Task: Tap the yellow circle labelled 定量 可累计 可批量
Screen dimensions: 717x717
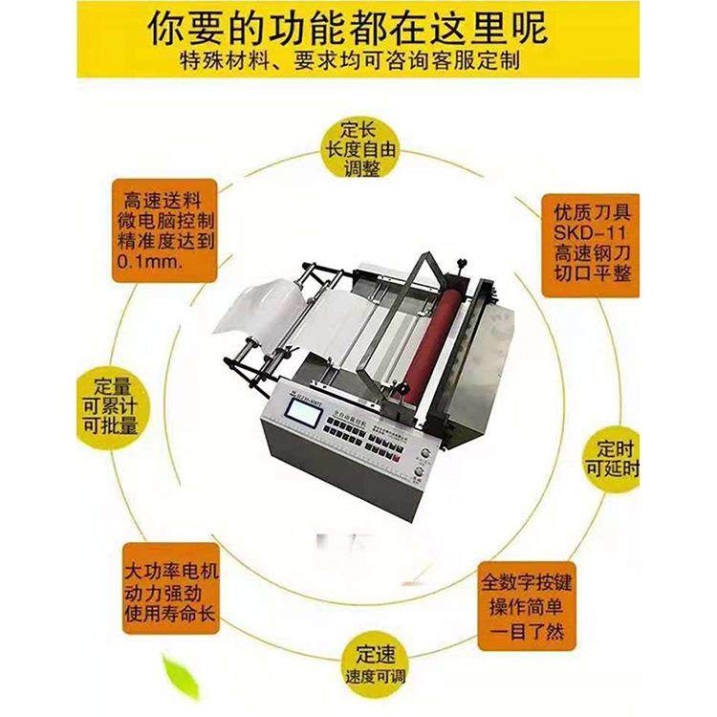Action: [107, 402]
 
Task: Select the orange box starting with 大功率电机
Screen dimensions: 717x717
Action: [171, 593]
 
